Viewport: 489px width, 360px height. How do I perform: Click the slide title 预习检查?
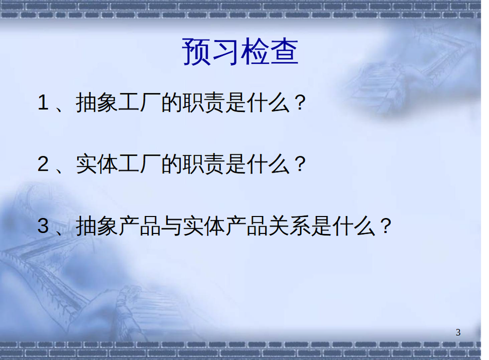(x=240, y=52)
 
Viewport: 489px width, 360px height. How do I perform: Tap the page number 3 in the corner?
(x=458, y=333)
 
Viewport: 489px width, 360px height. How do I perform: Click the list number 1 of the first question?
(x=43, y=102)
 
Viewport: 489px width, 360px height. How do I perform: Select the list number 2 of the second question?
(x=43, y=164)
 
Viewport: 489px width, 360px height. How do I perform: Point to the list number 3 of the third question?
(x=43, y=226)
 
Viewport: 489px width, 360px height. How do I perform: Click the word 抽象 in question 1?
(x=97, y=102)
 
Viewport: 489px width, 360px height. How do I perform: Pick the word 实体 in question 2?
(x=97, y=164)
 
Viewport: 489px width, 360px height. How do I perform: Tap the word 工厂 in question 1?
(x=139, y=102)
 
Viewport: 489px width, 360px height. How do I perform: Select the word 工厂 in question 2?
(x=139, y=164)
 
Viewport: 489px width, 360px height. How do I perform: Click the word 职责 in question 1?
(x=203, y=102)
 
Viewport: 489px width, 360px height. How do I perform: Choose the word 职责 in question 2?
(x=203, y=164)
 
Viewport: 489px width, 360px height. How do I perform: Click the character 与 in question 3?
(x=171, y=226)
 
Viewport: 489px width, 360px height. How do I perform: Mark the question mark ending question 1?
(x=300, y=102)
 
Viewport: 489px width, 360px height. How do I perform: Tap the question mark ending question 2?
(x=300, y=164)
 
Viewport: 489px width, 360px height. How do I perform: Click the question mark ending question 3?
(x=386, y=226)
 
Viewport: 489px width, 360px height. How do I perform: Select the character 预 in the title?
(x=196, y=52)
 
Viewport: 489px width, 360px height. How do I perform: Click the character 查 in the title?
(x=284, y=52)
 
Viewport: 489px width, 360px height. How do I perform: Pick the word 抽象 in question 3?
(x=97, y=226)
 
